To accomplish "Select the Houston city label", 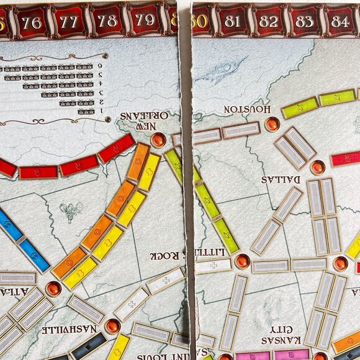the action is (x=246, y=109).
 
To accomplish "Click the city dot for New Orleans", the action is (x=158, y=139).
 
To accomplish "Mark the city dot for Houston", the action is (x=272, y=125).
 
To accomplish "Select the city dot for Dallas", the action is (x=317, y=167).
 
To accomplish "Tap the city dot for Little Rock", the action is (x=241, y=262).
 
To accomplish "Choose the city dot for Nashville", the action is (x=112, y=326).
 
